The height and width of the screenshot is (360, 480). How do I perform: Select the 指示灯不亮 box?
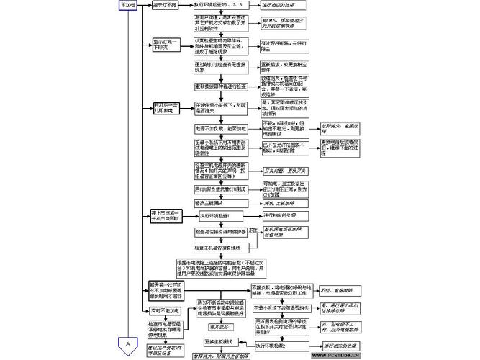[x=167, y=5]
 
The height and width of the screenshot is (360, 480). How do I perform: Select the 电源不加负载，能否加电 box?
[x=220, y=128]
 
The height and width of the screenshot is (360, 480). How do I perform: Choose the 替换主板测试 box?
[x=211, y=202]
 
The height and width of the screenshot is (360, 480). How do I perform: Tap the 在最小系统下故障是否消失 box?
[x=281, y=307]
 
